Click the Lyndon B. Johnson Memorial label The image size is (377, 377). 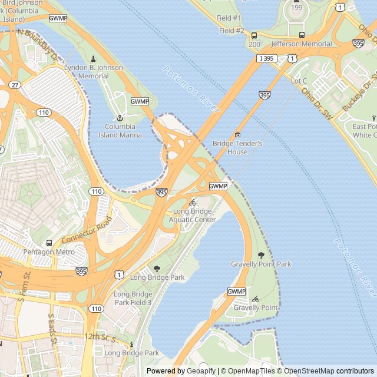click(94, 72)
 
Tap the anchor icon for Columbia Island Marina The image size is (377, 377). click(120, 118)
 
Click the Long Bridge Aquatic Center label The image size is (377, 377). click(192, 216)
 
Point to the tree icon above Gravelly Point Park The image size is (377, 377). click(261, 255)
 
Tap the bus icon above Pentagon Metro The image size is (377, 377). click(49, 243)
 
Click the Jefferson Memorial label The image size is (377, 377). click(302, 44)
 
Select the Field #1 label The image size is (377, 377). click(229, 18)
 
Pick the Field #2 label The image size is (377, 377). click(232, 31)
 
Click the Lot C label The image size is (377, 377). click(299, 81)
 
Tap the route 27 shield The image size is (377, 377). click(15, 85)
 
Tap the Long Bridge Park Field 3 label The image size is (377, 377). click(133, 298)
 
